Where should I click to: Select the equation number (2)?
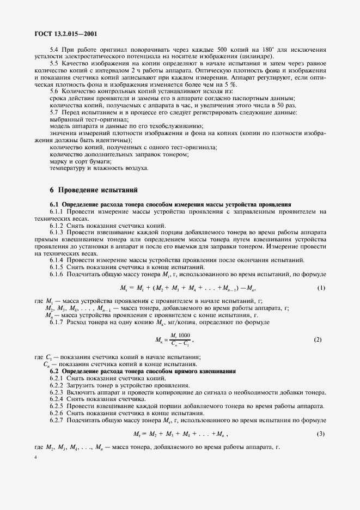point(318,339)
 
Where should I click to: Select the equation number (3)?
point(321,433)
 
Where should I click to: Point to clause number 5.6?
point(54,92)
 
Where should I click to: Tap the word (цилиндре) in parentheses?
point(258,57)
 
